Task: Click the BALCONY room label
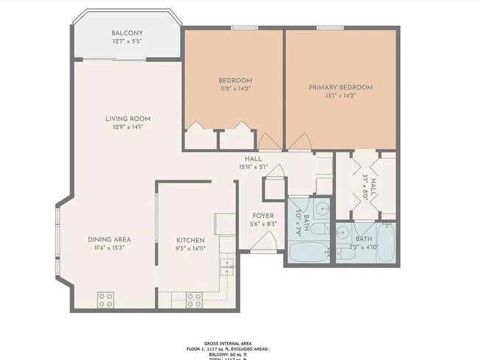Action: [x=127, y=33]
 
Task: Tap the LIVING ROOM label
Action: [x=127, y=119]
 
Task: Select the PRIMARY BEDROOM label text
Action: [x=340, y=87]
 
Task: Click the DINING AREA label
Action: [x=109, y=240]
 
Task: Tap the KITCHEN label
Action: [x=190, y=240]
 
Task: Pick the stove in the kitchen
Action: [x=195, y=299]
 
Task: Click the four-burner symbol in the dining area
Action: [x=105, y=299]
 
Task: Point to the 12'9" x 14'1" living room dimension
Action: [x=127, y=127]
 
